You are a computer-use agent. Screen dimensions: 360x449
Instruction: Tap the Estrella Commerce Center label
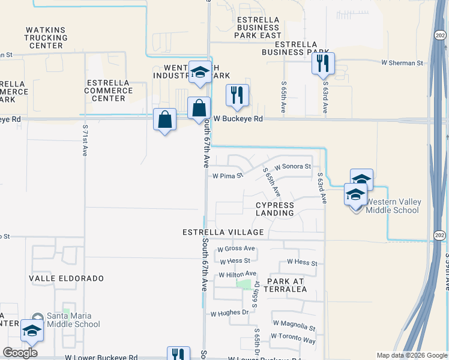click(x=109, y=91)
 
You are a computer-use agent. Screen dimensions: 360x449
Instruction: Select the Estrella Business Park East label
click(x=259, y=27)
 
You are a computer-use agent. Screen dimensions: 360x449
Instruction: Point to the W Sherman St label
click(x=402, y=62)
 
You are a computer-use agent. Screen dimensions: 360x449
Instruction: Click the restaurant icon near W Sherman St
click(x=323, y=63)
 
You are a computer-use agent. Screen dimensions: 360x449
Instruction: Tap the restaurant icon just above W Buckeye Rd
click(x=237, y=95)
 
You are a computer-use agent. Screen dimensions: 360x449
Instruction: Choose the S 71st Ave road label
click(x=86, y=140)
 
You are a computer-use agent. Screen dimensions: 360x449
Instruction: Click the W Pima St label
click(x=228, y=176)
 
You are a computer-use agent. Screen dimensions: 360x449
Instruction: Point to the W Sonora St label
click(x=292, y=166)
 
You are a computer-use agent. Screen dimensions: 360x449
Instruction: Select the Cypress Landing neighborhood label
click(x=275, y=209)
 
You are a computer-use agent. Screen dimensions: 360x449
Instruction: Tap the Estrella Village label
click(x=223, y=232)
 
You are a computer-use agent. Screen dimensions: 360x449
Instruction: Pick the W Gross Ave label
click(x=236, y=248)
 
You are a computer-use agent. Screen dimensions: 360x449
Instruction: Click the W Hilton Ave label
click(x=237, y=274)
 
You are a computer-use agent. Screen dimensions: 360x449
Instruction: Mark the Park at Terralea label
click(x=287, y=285)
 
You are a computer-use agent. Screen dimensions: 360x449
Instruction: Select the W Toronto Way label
click(x=293, y=340)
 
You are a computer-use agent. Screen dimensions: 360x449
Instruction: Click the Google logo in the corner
click(x=20, y=353)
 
